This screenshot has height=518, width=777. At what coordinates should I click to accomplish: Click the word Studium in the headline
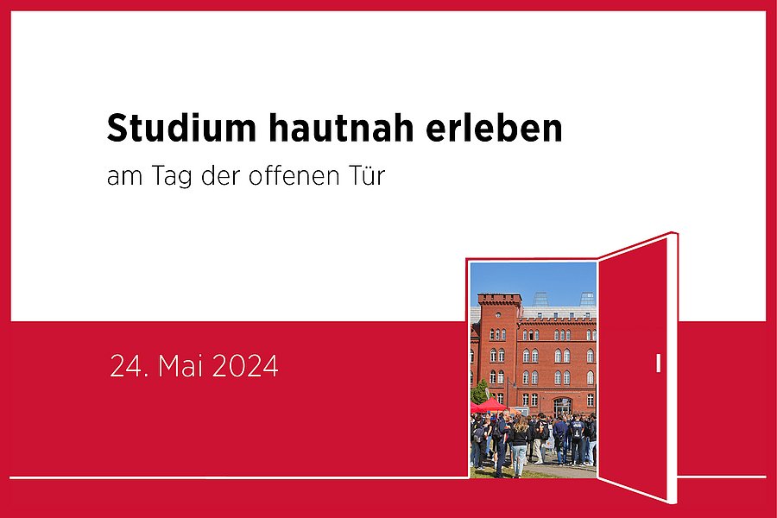pyautogui.click(x=181, y=128)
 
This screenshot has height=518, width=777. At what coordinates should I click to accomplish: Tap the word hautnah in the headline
pyautogui.click(x=341, y=128)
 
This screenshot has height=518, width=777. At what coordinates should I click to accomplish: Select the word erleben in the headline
pyautogui.click(x=494, y=128)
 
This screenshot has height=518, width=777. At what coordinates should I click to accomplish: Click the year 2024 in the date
pyautogui.click(x=245, y=366)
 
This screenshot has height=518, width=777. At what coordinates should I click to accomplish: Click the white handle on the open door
pyautogui.click(x=658, y=363)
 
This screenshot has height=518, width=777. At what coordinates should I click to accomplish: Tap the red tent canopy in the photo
pyautogui.click(x=490, y=405)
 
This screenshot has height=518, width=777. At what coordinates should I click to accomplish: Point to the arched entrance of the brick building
pyautogui.click(x=561, y=407)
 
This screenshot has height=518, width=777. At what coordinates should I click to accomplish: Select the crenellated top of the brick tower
pyautogui.click(x=500, y=299)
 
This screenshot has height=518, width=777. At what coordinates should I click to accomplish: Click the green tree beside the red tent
pyautogui.click(x=479, y=392)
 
